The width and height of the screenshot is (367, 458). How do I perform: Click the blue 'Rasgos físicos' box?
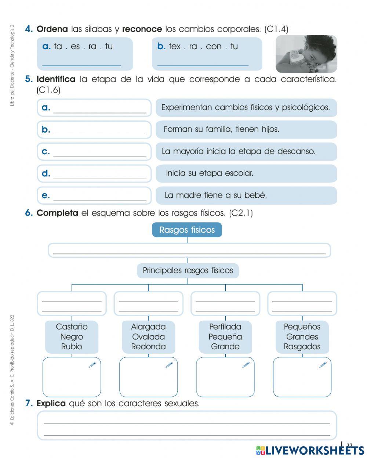[x=187, y=230]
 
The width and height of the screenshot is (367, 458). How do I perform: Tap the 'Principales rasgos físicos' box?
[x=188, y=271]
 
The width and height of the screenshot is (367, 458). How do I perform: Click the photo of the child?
[x=306, y=54]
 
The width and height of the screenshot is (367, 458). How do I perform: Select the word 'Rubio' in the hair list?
[x=72, y=347]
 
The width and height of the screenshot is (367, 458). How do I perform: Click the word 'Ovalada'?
[x=148, y=337]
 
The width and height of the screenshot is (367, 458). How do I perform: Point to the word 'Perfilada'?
[x=225, y=327]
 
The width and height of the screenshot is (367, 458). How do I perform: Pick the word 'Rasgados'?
[x=302, y=347]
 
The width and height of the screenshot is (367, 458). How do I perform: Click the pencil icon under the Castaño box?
[x=92, y=365]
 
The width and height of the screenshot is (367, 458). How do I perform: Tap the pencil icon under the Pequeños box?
[x=323, y=365]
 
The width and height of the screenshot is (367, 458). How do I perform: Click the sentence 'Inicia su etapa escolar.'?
[x=210, y=173]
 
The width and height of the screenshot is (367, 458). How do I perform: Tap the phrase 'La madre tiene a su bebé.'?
[x=215, y=195]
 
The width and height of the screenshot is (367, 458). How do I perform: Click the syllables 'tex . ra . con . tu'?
[x=203, y=46]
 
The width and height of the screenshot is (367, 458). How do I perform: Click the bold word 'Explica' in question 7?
[x=51, y=404]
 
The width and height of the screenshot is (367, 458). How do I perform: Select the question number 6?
[x=29, y=213]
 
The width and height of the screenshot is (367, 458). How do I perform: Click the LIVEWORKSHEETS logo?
[x=310, y=450]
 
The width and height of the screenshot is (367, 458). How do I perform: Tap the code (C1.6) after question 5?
[x=48, y=90]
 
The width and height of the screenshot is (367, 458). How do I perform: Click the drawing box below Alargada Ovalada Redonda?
[x=148, y=377]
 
